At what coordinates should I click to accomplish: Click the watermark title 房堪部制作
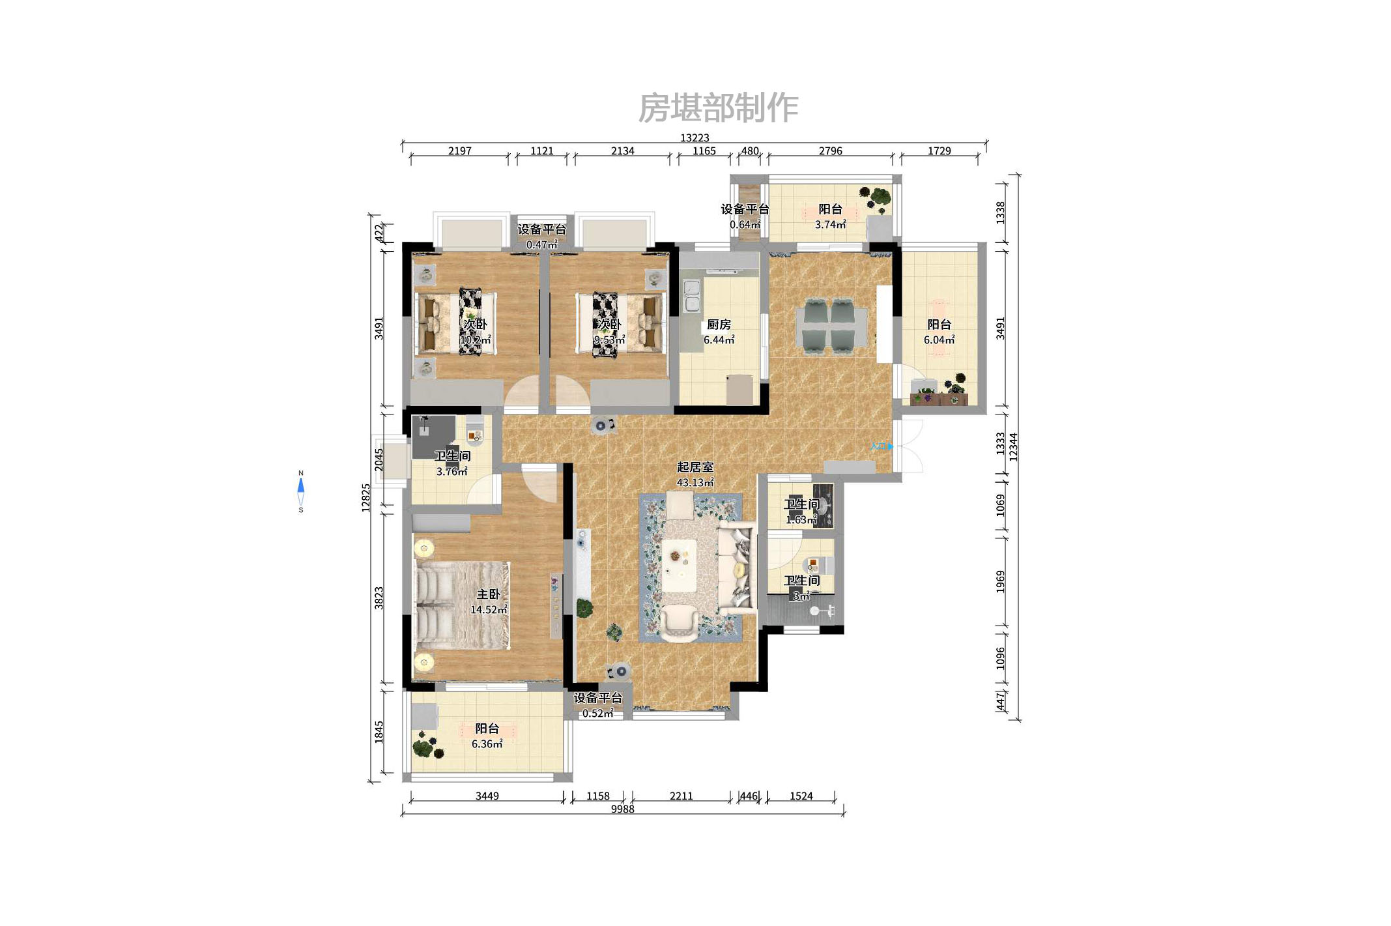[717, 108]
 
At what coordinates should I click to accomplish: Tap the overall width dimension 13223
[695, 137]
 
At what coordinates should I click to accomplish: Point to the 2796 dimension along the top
[830, 151]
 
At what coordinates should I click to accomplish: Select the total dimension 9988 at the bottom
[622, 809]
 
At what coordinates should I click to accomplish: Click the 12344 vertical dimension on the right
[1013, 447]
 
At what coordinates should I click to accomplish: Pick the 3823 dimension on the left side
[379, 598]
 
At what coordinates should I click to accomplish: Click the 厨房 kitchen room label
[719, 324]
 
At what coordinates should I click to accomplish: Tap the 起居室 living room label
[695, 467]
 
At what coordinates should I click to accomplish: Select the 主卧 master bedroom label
[488, 594]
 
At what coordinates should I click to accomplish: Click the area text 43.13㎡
[695, 482]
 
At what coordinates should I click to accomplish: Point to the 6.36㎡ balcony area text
[487, 744]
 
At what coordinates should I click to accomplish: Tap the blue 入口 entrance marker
[882, 446]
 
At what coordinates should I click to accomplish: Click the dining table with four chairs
[831, 326]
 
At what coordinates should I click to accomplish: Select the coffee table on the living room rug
[680, 564]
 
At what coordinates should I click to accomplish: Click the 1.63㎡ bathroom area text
[801, 519]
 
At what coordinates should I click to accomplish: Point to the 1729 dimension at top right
[939, 151]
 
